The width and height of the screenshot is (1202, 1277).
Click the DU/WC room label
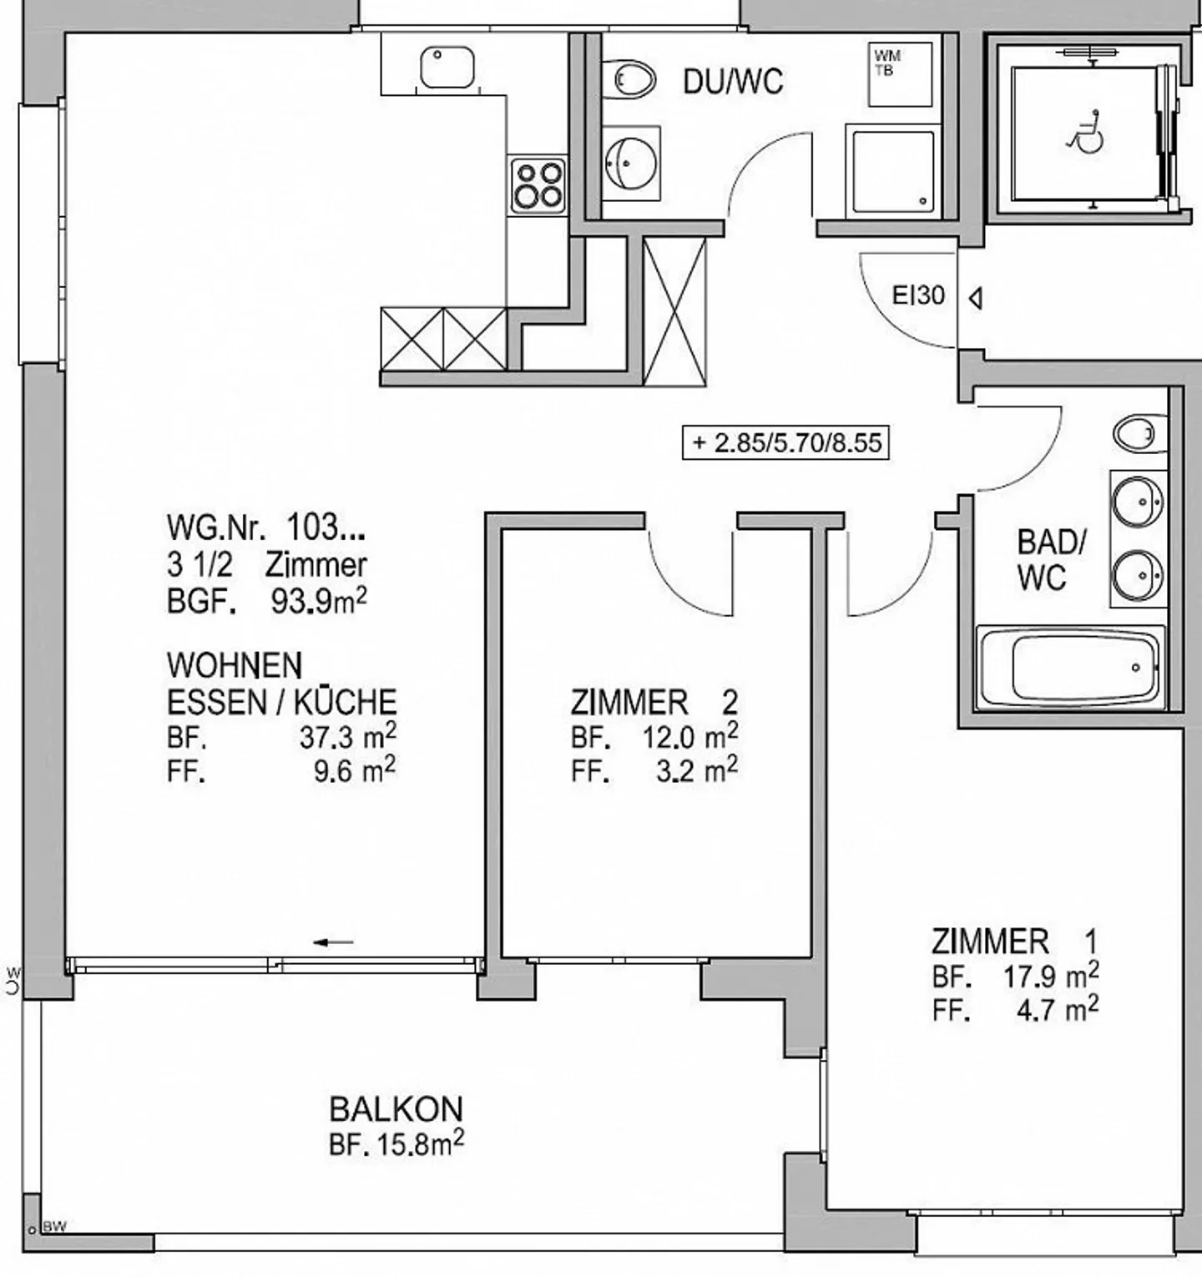pos(733,82)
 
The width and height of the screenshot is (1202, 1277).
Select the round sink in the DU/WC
pos(630,163)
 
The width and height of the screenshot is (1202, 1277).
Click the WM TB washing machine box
pos(900,74)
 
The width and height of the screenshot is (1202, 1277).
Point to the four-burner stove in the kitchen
pos(538,185)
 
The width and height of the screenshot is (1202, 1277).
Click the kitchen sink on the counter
pos(447,68)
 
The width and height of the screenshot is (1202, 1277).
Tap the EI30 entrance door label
pos(918,295)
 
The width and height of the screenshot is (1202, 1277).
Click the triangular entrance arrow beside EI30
pos(974,298)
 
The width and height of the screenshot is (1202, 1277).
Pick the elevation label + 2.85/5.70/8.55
pos(785,442)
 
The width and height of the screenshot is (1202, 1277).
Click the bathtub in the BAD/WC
pos(1071,668)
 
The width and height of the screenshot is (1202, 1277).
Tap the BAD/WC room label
pos(1051,559)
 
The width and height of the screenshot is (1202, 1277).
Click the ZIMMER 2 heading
pos(654,702)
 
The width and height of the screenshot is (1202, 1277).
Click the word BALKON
pos(396,1108)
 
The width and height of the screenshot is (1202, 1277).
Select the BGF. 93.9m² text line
pos(266,601)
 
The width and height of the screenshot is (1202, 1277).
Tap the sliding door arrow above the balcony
pos(334,942)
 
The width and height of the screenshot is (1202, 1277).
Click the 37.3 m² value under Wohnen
pos(346,737)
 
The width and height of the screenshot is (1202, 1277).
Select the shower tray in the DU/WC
pos(891,171)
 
